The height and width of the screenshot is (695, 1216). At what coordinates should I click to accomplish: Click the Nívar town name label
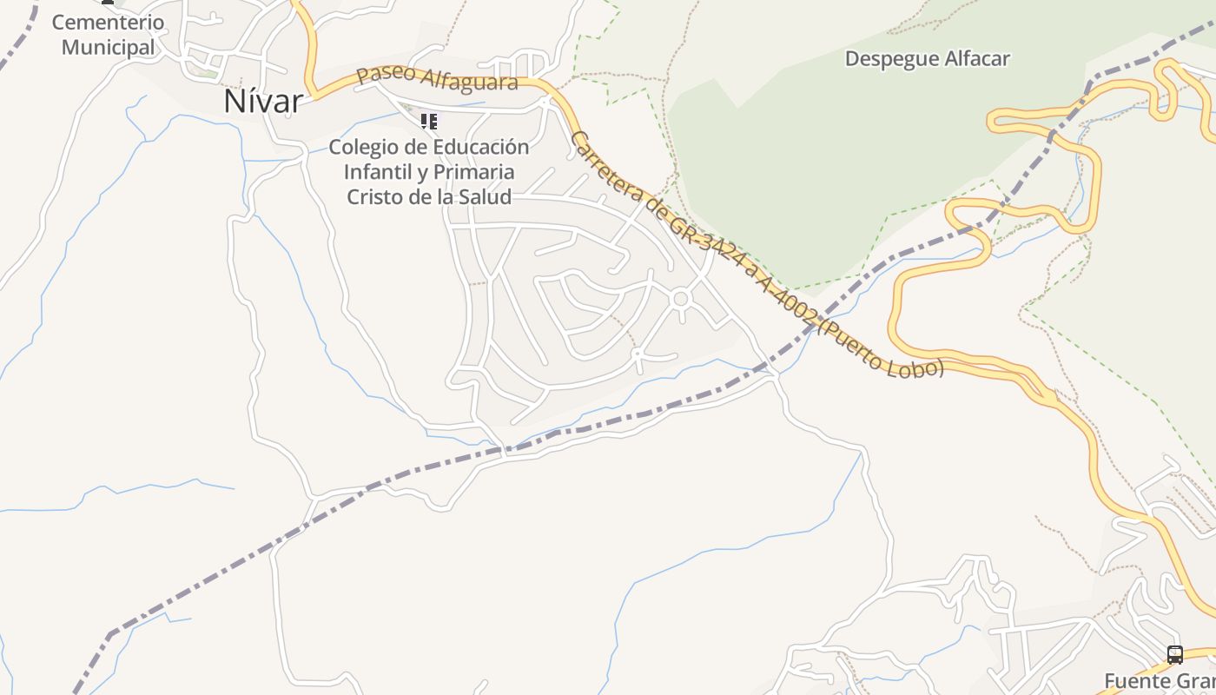coord(263,102)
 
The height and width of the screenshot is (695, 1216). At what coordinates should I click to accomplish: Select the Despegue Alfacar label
coord(927,59)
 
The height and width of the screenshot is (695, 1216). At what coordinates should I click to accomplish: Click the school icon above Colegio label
coord(428,121)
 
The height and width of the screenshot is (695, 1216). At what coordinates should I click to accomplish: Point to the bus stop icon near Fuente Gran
coord(1174,655)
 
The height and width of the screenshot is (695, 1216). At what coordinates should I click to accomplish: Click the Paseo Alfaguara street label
coord(437,77)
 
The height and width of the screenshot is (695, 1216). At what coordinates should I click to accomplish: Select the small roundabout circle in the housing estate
coord(681,299)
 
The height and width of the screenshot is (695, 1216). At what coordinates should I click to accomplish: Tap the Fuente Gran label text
coord(1160,680)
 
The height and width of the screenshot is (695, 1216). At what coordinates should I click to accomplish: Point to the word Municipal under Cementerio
coord(108,47)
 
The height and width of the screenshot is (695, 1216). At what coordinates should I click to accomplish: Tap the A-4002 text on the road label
coord(786,301)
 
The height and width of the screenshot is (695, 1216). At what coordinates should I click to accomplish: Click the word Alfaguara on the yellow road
coord(470,81)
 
